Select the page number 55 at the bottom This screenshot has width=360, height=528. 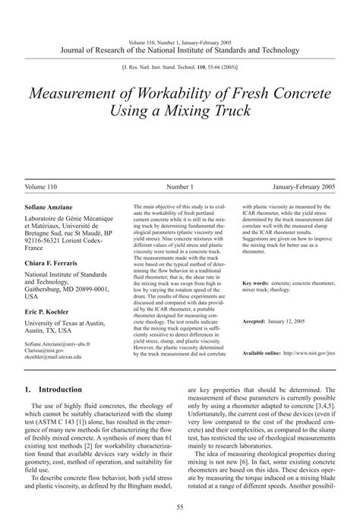pyautogui.click(x=180, y=508)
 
